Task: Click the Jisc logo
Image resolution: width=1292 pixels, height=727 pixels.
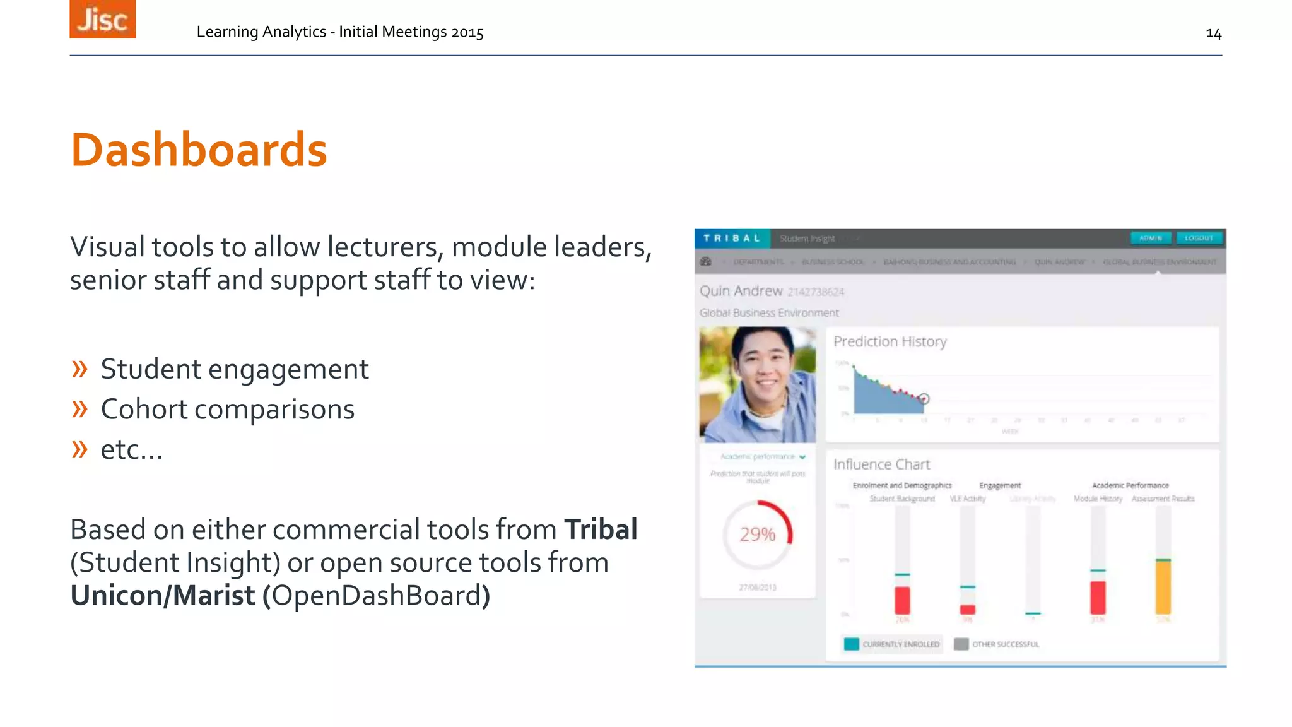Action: coord(102,19)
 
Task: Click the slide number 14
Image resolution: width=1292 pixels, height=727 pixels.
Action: coord(1213,33)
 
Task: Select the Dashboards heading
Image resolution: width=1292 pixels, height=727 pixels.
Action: coord(199,150)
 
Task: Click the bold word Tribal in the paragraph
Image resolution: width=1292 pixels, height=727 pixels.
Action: coord(601,529)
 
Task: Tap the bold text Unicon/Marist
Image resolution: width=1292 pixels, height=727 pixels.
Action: coord(163,595)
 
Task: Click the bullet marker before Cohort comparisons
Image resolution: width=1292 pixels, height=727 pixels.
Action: coord(79,410)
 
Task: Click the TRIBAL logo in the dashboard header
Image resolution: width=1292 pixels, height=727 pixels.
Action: coord(732,239)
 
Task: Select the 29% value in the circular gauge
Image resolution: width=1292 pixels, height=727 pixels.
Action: coord(757,535)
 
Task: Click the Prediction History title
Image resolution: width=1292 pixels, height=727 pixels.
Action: coord(890,341)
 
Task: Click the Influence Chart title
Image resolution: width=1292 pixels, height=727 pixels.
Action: coord(881,464)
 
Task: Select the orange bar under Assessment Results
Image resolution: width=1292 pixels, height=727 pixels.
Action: coord(1163,587)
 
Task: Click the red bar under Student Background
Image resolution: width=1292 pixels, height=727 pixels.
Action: coord(902,600)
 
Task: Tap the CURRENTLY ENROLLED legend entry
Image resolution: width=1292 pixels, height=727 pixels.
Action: coord(892,644)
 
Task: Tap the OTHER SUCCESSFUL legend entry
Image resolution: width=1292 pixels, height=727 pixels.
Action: coord(997,644)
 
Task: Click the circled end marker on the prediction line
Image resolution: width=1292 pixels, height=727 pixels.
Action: coord(924,399)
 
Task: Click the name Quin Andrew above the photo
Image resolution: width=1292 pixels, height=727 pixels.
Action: coord(741,291)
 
